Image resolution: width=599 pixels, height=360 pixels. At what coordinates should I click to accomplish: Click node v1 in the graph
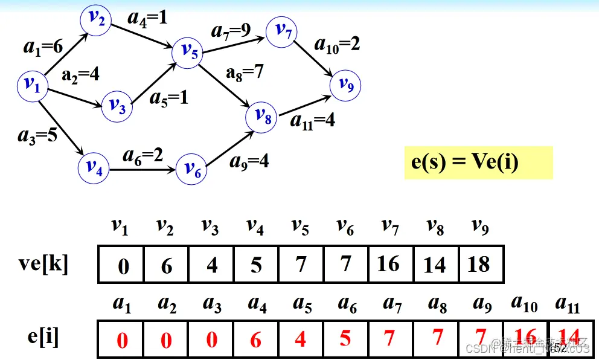[x=32, y=86]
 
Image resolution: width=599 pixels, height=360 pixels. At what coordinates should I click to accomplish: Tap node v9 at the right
[x=345, y=85]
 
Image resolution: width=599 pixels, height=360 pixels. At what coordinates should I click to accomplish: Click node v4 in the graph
[x=93, y=167]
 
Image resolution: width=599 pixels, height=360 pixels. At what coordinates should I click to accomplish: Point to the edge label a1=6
[x=43, y=47]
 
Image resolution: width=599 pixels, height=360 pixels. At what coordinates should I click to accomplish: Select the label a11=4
[x=312, y=120]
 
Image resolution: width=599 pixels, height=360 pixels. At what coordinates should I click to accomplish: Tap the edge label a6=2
[x=143, y=156]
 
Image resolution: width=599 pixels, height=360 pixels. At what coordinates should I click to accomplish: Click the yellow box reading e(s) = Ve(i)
[x=478, y=162]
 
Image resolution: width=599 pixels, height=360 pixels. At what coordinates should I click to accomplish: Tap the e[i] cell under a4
[x=256, y=339]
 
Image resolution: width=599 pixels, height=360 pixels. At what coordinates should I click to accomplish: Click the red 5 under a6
[x=345, y=338]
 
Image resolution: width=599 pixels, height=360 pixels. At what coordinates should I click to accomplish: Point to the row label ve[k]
[x=43, y=264]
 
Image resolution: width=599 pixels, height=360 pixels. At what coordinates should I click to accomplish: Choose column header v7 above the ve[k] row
[x=389, y=227]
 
